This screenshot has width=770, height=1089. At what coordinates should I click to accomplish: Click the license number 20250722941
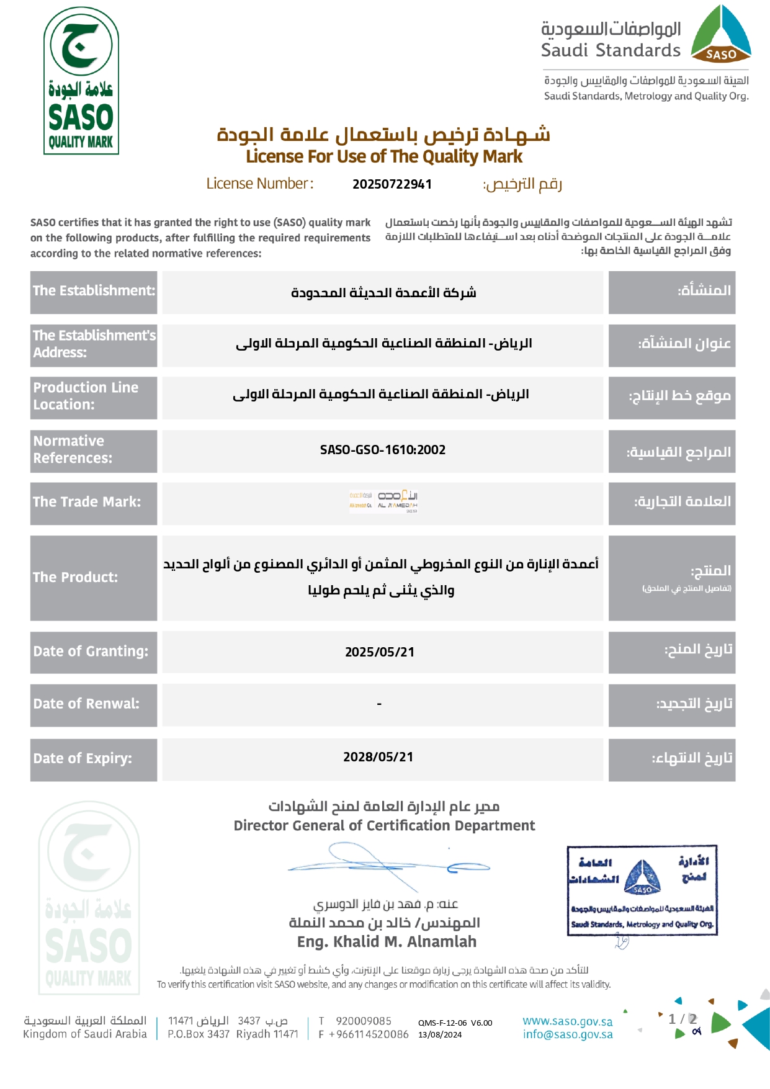392,184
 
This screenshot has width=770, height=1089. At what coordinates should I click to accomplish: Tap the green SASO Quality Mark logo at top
81,81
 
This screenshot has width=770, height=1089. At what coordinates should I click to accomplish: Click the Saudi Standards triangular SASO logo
721,35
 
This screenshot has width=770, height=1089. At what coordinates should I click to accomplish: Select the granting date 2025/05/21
380,652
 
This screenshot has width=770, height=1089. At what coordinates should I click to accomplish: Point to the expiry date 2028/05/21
378,757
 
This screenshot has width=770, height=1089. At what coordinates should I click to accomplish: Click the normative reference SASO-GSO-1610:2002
383,450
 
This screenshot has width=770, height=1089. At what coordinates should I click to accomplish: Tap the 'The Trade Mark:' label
87,502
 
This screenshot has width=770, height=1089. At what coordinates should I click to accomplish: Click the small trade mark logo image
383,500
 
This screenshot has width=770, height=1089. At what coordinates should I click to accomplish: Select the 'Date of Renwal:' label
86,704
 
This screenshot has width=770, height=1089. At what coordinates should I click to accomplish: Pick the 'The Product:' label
75,578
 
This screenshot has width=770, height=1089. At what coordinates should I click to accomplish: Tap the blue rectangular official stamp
642,890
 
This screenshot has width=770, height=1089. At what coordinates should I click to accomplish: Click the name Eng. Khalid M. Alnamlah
387,942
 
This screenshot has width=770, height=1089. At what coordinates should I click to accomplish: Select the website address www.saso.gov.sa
567,1021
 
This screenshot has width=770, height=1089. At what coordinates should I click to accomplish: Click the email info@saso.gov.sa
567,1034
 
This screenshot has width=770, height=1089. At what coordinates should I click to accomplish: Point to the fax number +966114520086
369,1034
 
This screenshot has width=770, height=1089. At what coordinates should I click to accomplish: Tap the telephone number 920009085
364,1021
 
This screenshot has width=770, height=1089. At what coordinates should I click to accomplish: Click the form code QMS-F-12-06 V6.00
455,1023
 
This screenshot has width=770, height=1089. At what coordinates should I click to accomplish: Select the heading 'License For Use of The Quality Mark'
384,156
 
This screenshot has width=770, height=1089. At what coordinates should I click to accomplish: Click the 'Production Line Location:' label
86,396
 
